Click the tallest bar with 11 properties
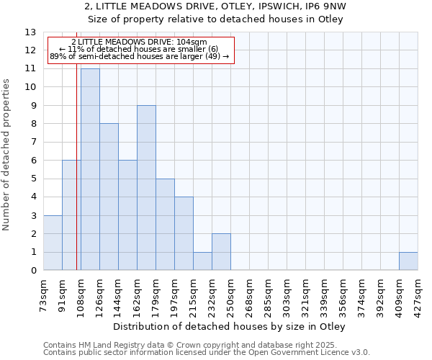(90, 169)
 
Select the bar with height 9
(146, 187)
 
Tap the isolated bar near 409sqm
(408, 261)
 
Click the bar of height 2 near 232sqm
(221, 252)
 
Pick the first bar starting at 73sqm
(53, 243)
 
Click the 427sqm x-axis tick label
(418, 294)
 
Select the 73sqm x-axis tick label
(44, 294)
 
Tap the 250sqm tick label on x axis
(231, 294)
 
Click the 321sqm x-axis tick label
(306, 294)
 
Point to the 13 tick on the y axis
(30, 32)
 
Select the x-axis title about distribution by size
(230, 327)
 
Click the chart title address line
(215, 6)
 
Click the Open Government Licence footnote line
(207, 353)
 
